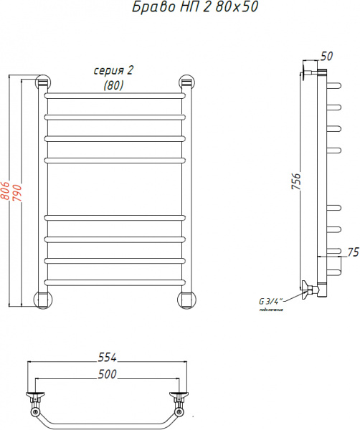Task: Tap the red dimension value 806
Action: tap(6, 190)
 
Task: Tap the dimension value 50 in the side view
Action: tap(326, 56)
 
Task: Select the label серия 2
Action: tap(114, 70)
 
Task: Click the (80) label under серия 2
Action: tap(113, 85)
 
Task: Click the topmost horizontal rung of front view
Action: tap(115, 95)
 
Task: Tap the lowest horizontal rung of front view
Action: tap(115, 279)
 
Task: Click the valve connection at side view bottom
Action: tap(310, 290)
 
